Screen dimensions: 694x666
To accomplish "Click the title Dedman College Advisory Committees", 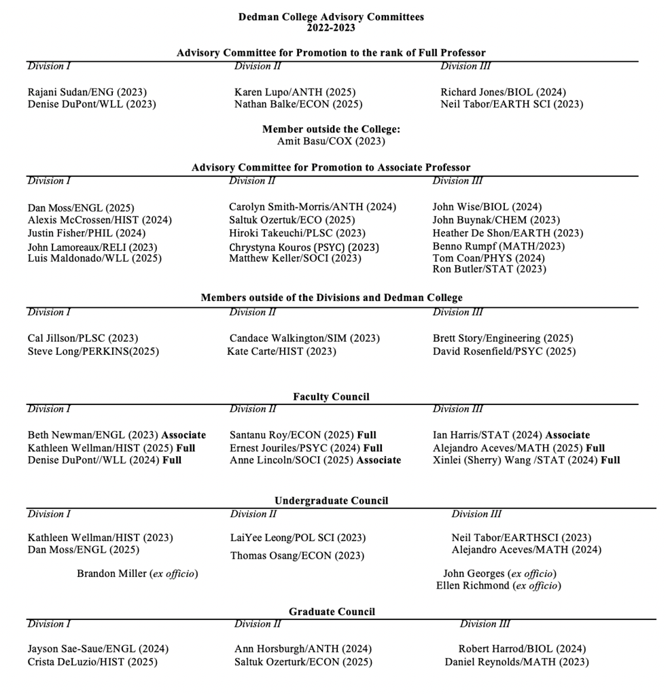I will click(x=331, y=17).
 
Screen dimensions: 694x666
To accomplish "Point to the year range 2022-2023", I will click(x=331, y=28).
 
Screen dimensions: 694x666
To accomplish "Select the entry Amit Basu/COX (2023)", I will click(x=331, y=141).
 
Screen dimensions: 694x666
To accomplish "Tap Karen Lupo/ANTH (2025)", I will click(x=295, y=92).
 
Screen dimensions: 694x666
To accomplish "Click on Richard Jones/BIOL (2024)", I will click(x=503, y=92).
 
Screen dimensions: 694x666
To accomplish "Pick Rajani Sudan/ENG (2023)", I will click(x=87, y=92).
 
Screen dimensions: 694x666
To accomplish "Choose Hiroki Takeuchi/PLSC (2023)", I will click(x=297, y=233).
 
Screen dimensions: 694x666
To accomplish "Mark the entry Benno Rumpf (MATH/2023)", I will click(x=498, y=246).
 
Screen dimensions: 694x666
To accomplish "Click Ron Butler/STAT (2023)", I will click(x=489, y=269).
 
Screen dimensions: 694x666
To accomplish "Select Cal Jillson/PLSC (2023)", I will click(x=83, y=339).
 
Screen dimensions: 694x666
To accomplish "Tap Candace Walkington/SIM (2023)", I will click(x=304, y=339).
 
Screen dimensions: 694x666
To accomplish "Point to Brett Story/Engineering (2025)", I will click(x=503, y=339).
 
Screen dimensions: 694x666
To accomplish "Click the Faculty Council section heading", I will click(x=331, y=397).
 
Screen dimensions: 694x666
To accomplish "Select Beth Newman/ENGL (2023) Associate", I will click(x=117, y=435).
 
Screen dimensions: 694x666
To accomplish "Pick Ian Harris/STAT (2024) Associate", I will click(x=511, y=435).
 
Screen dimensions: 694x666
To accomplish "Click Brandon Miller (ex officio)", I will click(x=137, y=574).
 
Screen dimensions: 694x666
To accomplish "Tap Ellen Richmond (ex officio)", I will click(x=499, y=586).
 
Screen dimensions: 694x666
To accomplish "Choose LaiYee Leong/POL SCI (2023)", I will click(x=298, y=538).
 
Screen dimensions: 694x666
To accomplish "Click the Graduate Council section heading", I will click(x=331, y=612).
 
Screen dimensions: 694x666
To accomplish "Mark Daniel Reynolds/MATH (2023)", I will click(x=516, y=662).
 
